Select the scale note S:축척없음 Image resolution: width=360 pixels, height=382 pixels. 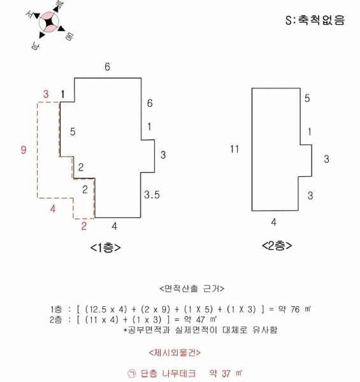(315, 20)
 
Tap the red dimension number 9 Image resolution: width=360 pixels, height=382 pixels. (24, 150)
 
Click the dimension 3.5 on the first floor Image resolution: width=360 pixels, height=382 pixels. (152, 195)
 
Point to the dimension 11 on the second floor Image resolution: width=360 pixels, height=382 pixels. (234, 149)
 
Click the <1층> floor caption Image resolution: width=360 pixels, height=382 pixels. (105, 248)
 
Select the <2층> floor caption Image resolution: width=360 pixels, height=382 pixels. (277, 246)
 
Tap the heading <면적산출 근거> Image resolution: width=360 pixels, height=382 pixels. (192, 288)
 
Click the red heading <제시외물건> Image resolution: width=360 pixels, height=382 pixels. (175, 353)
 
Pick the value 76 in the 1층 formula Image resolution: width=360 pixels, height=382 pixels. (294, 309)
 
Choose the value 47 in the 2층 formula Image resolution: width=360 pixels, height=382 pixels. (200, 320)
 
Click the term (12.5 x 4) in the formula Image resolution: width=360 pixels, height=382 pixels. (106, 309)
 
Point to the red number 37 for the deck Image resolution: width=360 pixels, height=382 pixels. (226, 374)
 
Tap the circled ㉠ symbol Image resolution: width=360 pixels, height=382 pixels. (132, 373)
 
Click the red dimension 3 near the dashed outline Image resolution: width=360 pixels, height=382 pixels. (46, 94)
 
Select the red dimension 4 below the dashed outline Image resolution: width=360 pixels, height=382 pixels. (53, 209)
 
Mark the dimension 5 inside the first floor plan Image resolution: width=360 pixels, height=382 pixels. (73, 132)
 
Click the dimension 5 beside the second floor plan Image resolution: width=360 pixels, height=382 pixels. (307, 98)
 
